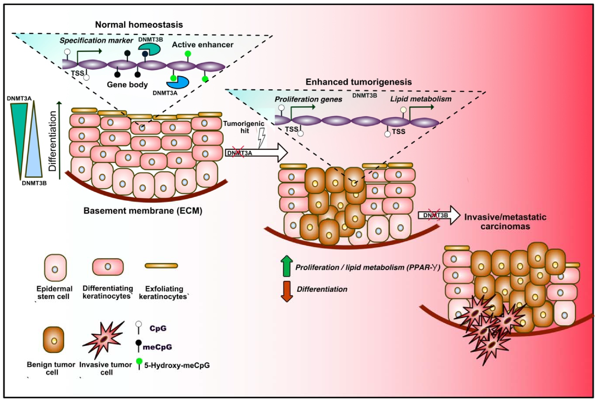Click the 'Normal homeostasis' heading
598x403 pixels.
pyautogui.click(x=139, y=25)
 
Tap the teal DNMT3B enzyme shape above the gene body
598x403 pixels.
pyautogui.click(x=149, y=49)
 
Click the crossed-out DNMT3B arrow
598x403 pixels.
pyautogui.click(x=438, y=215)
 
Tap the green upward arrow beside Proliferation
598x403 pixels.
pyautogui.click(x=287, y=266)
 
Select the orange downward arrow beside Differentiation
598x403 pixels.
pyautogui.click(x=287, y=291)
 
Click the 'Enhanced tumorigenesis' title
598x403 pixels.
pyautogui.click(x=358, y=82)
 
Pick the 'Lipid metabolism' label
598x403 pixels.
pyautogui.click(x=420, y=99)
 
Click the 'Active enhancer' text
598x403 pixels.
pyautogui.click(x=202, y=45)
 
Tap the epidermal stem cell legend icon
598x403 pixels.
pyautogui.click(x=55, y=268)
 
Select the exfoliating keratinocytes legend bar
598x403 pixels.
pyautogui.click(x=161, y=266)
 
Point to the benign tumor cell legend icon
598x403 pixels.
pyautogui.click(x=54, y=340)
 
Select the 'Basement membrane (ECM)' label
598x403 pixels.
pyautogui.click(x=143, y=211)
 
